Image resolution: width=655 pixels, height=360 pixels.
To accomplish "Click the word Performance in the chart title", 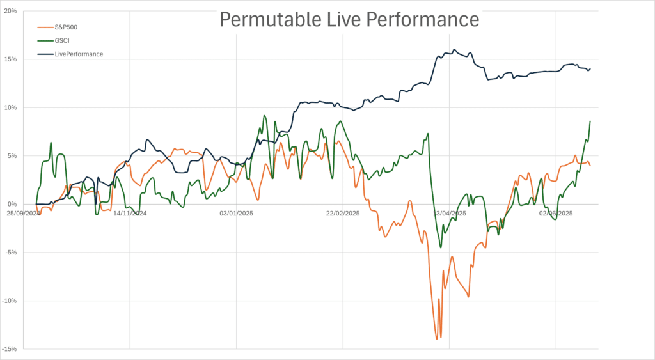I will pos(419,19).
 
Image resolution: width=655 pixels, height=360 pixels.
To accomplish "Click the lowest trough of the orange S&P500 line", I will pos(437,339).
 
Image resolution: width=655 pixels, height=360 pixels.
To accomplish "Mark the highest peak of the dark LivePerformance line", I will pos(454,49).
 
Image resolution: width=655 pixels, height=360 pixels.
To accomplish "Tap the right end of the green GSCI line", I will pos(590,121).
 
